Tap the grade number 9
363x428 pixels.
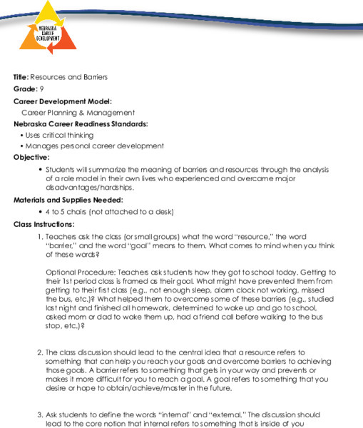pyautogui.click(x=43, y=88)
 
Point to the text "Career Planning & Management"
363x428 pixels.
pyautogui.click(x=78, y=113)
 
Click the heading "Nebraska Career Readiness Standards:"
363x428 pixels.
pyautogui.click(x=81, y=123)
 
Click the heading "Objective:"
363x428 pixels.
pyautogui.click(x=31, y=157)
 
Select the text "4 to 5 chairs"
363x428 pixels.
pyautogui.click(x=69, y=212)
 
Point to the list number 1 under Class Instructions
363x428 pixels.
pyautogui.click(x=39, y=236)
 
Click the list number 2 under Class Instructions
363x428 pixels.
pyautogui.click(x=39, y=352)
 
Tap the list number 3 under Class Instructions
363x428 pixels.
pyautogui.click(x=39, y=414)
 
